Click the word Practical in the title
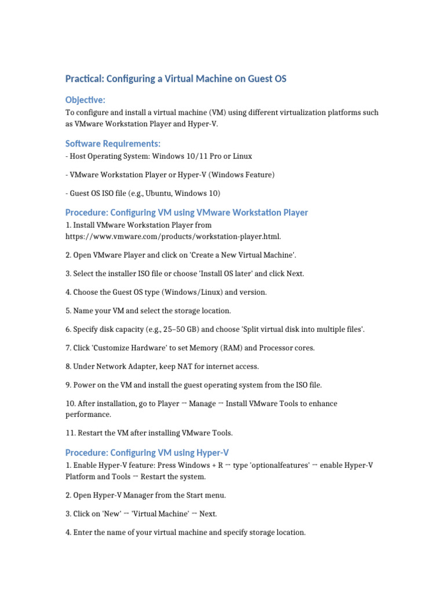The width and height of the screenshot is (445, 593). click(83, 79)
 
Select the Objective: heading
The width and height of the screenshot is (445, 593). click(85, 100)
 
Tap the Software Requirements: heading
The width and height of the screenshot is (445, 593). click(113, 143)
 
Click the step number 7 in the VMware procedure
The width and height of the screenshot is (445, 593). click(68, 347)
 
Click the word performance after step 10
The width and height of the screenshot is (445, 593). click(87, 415)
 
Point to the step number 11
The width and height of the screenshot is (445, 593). click(69, 433)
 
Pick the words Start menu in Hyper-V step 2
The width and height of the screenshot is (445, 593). click(206, 495)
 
